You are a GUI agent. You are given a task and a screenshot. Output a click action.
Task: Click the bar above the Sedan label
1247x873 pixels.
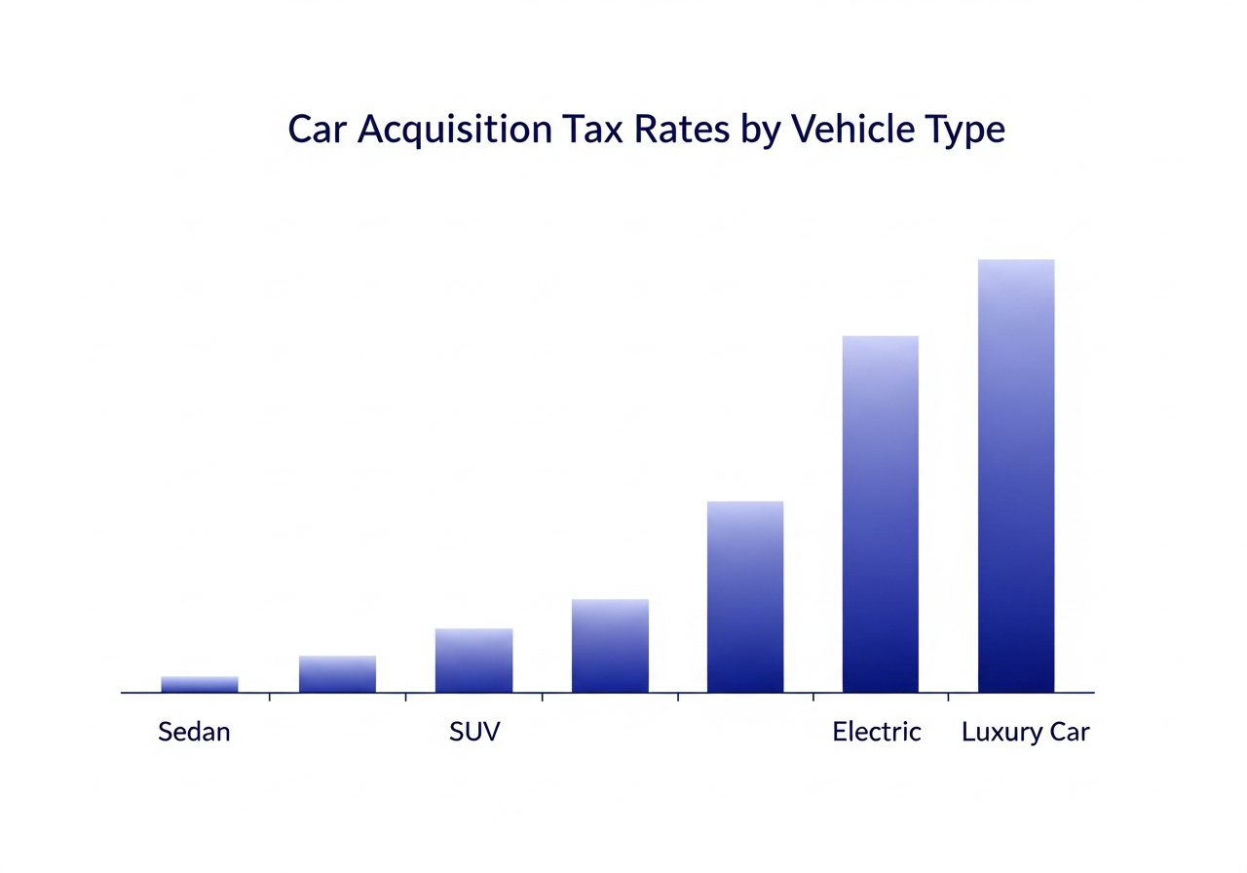[200, 684]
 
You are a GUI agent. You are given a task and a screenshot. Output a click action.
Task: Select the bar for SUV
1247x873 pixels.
[473, 661]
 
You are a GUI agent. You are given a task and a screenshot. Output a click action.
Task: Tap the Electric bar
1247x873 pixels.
[880, 513]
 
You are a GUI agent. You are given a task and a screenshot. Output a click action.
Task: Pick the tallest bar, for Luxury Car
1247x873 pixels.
[1016, 476]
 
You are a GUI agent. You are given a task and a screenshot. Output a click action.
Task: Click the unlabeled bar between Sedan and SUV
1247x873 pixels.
[337, 674]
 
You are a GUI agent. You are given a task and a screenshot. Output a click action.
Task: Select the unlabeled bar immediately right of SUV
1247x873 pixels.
[610, 646]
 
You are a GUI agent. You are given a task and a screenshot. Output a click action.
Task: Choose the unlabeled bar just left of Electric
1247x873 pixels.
[745, 597]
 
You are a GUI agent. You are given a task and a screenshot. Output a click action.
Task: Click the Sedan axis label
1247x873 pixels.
[194, 732]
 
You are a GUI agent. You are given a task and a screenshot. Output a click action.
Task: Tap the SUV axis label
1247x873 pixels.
[474, 732]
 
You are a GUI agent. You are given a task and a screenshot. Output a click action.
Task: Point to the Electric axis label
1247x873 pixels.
[876, 732]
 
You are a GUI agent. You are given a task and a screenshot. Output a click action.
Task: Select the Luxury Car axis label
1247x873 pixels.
[1026, 733]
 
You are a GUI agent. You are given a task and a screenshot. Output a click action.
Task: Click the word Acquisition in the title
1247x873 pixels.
[455, 131]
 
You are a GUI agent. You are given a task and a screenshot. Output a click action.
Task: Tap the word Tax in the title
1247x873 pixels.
[592, 130]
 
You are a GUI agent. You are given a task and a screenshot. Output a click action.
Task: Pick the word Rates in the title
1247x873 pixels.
[681, 130]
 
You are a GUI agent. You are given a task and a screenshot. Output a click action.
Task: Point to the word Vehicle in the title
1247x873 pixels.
[852, 129]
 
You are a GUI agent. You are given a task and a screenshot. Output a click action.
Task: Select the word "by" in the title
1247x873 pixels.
[760, 132]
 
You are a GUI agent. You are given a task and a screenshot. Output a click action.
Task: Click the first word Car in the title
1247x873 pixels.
[318, 130]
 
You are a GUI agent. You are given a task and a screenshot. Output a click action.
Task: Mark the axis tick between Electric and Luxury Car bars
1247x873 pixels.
[949, 697]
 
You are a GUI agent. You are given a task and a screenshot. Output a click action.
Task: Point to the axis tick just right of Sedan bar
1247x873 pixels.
[270, 697]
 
